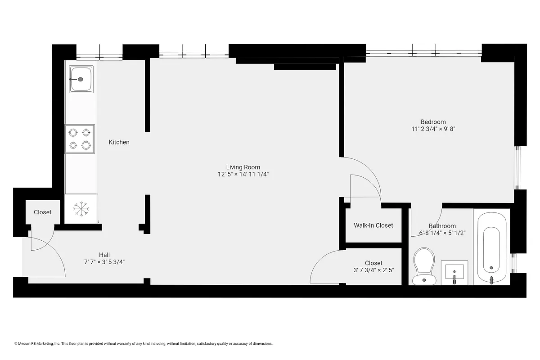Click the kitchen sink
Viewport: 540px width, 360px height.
81,79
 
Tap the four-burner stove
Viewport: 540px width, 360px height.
80,139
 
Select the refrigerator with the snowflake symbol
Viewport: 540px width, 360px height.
81,208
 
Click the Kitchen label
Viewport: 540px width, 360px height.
119,142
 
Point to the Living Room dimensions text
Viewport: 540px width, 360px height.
243,174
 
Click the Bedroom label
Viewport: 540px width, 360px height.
433,122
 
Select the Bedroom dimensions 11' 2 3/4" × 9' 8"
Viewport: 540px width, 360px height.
433,129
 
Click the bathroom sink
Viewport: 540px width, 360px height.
454,272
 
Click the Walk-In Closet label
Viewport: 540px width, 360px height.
373,225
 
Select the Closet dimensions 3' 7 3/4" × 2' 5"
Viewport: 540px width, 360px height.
373,270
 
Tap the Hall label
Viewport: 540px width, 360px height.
104,255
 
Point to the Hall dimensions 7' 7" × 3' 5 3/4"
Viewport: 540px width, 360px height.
104,261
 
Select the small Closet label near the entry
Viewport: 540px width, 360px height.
42,212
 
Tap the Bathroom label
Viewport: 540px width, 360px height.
442,226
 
